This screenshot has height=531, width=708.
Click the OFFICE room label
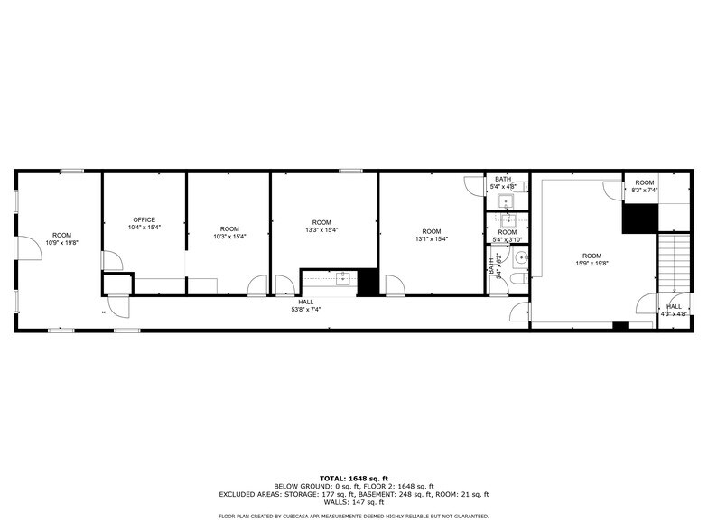pos(144,219)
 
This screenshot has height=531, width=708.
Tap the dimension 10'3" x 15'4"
pos(229,236)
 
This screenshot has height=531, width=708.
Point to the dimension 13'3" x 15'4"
pos(321,230)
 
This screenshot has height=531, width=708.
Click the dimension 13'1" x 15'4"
pos(432,238)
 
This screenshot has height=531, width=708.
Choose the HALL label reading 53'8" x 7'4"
pos(306,310)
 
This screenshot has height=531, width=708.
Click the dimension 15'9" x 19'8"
pos(592,264)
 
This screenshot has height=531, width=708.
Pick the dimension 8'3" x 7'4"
pos(644,191)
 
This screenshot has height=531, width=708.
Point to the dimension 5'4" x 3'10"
pos(507,239)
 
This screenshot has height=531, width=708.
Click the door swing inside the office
pos(112,261)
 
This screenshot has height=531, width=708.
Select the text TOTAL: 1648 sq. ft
pos(353,477)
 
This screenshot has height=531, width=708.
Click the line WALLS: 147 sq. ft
pos(353,501)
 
